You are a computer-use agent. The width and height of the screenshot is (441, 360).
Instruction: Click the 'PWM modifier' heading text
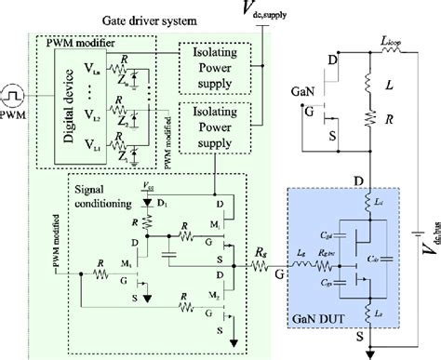click(75, 45)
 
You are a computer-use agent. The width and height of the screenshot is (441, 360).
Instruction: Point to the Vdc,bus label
click(429, 232)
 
